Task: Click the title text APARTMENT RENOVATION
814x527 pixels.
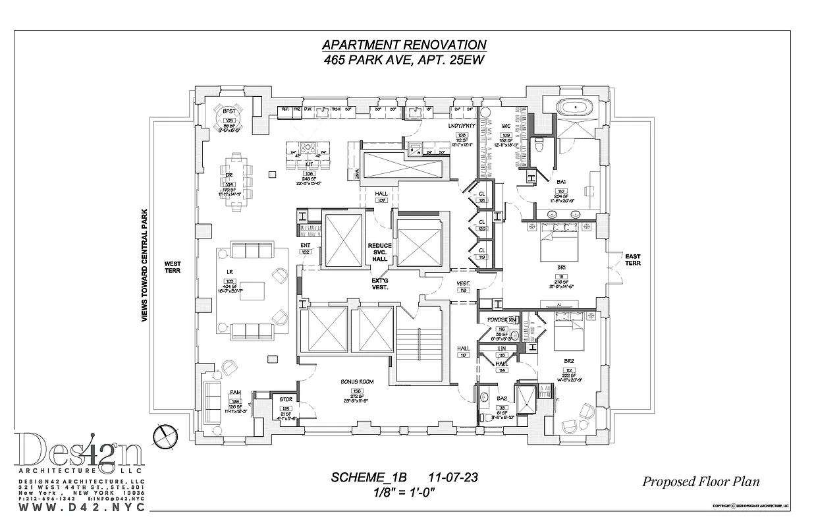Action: point(404,45)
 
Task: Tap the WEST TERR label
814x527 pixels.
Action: point(173,267)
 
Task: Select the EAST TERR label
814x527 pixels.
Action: point(632,260)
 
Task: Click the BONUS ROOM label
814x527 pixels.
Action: point(357,381)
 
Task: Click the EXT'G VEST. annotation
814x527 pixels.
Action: point(379,284)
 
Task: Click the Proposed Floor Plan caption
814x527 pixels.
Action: point(701,482)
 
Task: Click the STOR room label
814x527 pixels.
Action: point(286,399)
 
